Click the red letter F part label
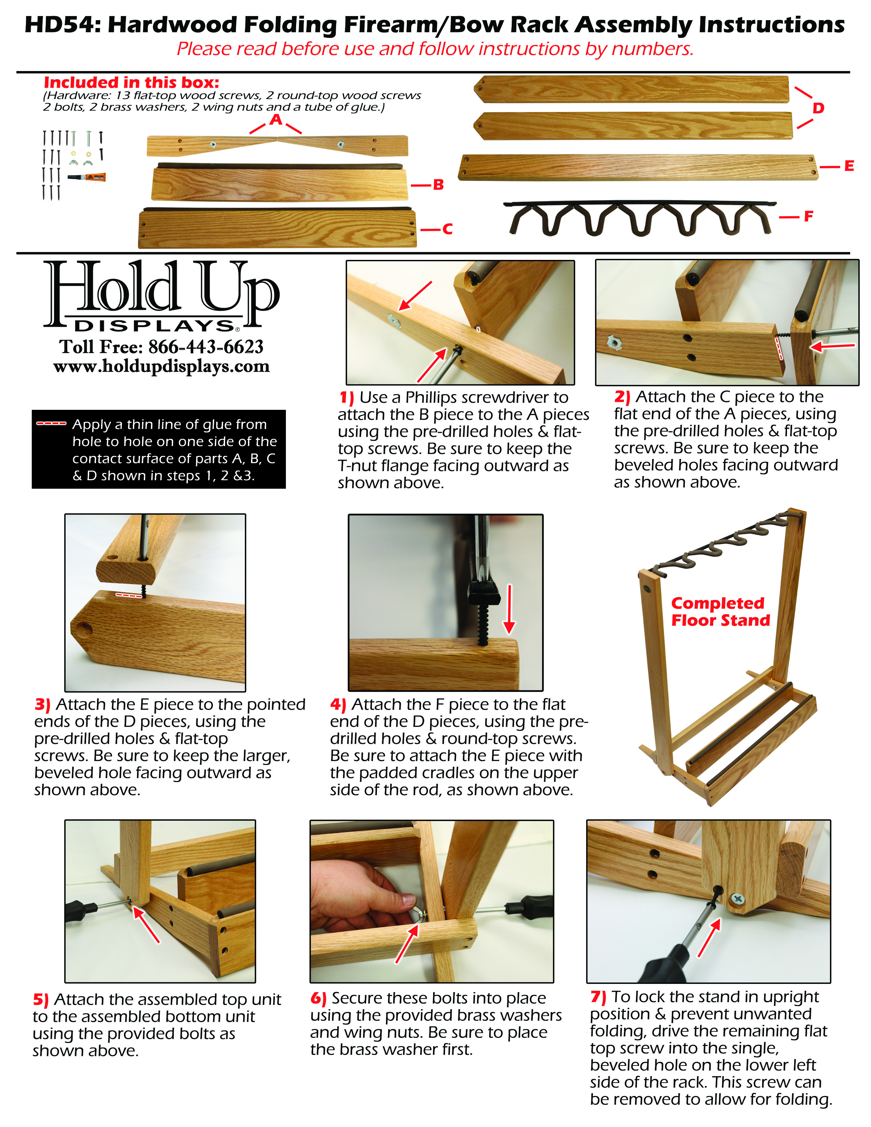(808, 216)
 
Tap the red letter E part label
(849, 166)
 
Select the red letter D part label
(818, 108)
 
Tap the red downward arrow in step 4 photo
(509, 609)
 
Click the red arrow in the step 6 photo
(406, 944)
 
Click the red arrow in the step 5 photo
(147, 924)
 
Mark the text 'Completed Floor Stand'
(720, 612)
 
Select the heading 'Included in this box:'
(132, 83)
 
